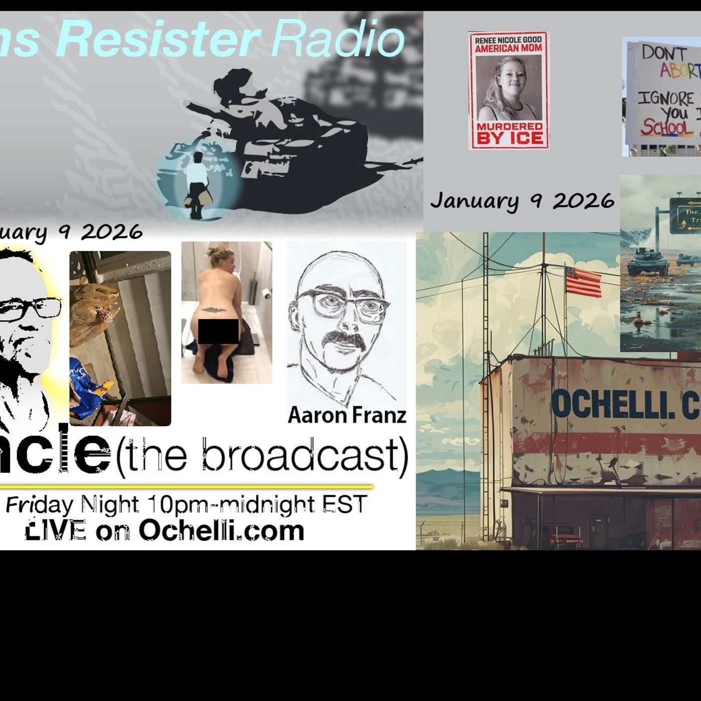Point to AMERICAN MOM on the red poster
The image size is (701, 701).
(x=508, y=49)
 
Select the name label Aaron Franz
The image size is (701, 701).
(x=346, y=415)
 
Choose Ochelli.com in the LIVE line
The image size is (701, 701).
(x=221, y=530)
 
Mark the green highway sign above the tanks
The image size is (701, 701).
(x=686, y=215)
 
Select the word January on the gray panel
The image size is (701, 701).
(x=474, y=201)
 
